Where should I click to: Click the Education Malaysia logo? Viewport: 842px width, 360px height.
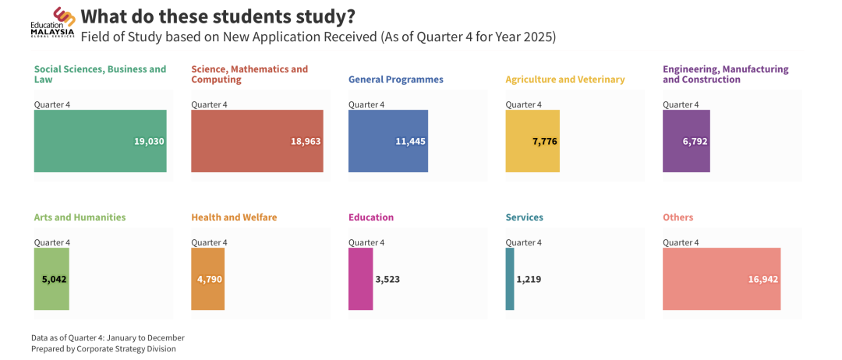53,22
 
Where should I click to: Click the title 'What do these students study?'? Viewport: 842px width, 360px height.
218,16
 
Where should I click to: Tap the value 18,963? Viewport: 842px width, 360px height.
306,141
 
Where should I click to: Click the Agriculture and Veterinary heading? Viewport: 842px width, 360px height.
564,79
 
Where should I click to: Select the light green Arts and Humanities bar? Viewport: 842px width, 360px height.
51,279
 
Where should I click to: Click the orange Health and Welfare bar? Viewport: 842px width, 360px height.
207,279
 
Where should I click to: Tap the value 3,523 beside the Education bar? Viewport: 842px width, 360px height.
387,279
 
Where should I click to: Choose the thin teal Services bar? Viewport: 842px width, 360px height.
510,279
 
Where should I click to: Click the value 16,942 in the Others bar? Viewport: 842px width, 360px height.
762,279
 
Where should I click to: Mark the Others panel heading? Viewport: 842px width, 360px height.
677,217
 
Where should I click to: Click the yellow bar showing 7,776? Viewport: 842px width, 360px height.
532,141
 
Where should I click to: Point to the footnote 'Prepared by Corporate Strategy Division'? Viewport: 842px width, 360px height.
104,349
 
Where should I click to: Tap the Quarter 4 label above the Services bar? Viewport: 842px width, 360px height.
523,242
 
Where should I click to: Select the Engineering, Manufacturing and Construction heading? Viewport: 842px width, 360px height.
725,74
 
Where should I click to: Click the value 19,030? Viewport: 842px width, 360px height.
149,141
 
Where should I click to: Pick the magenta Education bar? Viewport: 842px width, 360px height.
360,279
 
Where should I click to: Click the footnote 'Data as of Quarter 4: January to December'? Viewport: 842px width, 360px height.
108,337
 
